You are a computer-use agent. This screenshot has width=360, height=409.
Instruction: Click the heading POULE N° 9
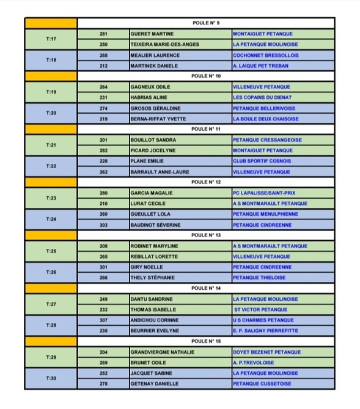pos(205,23)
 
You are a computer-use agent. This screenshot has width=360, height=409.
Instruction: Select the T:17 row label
pos(51,39)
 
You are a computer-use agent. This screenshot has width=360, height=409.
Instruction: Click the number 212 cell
pos(103,65)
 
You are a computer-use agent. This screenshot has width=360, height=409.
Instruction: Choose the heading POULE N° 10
pos(205,76)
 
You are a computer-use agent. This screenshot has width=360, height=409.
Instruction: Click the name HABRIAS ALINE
pos(149,97)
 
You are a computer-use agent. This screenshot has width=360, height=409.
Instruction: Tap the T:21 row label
pos(51,145)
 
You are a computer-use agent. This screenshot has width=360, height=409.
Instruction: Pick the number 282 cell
pos(103,150)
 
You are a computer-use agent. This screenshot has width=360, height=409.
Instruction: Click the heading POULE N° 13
pos(205,235)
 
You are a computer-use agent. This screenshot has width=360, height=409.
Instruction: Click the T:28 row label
pos(51,325)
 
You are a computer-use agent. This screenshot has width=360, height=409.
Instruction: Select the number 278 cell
pos(103,384)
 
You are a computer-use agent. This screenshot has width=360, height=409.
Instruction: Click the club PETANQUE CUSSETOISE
pos(262,384)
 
